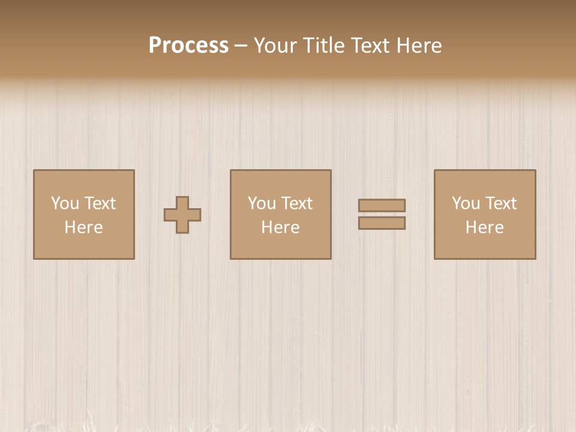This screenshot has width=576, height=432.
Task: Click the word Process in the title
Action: point(188,46)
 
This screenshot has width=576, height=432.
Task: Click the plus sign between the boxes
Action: point(182,215)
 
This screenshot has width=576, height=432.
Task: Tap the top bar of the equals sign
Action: point(382,205)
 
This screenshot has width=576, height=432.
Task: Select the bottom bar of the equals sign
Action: point(382,223)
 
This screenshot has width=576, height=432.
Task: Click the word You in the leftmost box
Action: point(65,203)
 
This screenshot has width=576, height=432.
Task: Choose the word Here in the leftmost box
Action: point(83,227)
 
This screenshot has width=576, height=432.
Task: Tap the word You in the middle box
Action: point(262,203)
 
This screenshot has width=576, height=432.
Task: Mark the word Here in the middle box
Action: point(280,227)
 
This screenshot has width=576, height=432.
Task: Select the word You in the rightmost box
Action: point(466,203)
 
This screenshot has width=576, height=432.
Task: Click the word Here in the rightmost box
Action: point(484,227)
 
